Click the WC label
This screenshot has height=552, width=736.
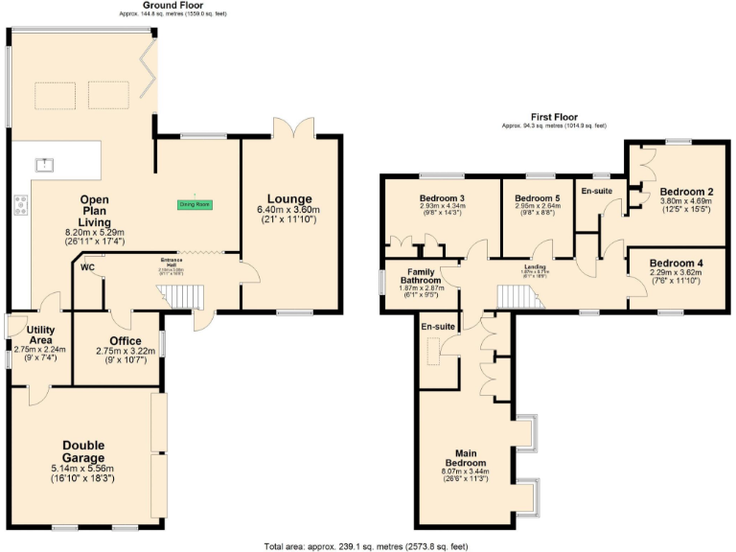[x=88, y=268]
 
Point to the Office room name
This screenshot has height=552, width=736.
[x=125, y=341]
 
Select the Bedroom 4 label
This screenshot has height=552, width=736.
[x=675, y=263]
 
